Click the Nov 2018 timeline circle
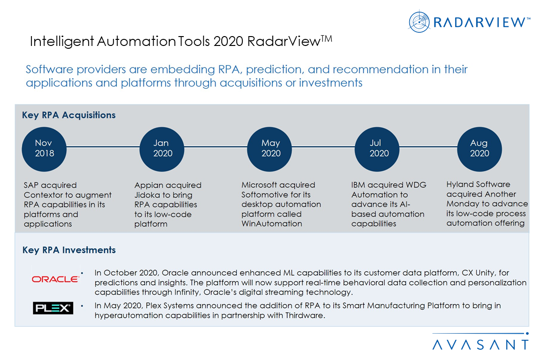point(44,148)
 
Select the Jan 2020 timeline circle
point(163,148)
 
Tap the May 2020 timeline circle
point(270,148)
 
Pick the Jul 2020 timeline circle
point(379,148)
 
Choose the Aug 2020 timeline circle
point(479,148)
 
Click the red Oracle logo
point(55,279)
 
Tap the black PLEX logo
point(53,308)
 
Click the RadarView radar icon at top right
point(419,22)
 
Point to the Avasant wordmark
point(480,345)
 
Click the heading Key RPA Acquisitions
point(68,115)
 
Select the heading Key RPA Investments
point(69,250)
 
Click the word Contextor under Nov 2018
point(43,195)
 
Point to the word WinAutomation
point(271,224)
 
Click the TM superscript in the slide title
point(326,38)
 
